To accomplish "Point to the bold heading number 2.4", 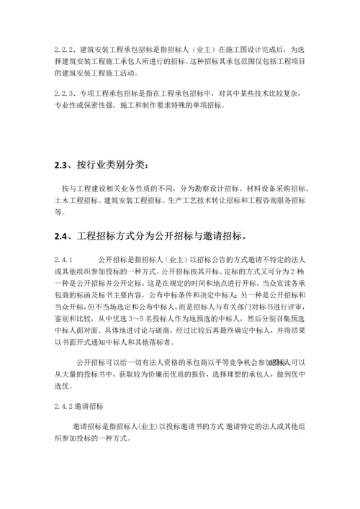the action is point(63,235).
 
